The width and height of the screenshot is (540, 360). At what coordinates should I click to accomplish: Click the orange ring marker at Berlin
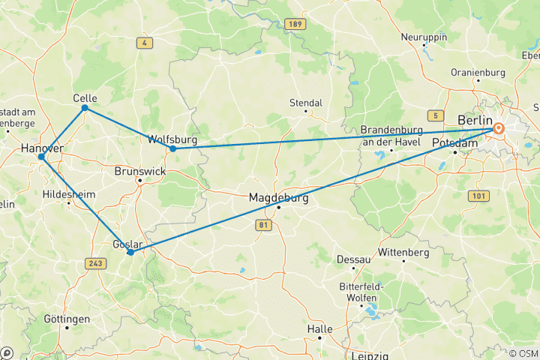498,129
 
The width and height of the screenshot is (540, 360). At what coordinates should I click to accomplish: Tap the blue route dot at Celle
85,108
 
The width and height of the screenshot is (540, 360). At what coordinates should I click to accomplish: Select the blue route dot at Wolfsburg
172,148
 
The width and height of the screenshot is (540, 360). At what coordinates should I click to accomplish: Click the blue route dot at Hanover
42,157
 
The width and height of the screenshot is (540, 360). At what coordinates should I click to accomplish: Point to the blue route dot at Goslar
130,253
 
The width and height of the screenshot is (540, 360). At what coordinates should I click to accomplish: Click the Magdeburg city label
278,198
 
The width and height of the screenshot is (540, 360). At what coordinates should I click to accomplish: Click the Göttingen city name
67,319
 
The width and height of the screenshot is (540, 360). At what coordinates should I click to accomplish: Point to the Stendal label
306,103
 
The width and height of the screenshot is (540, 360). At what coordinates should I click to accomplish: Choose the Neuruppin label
424,37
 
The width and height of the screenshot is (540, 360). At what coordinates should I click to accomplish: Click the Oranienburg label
478,72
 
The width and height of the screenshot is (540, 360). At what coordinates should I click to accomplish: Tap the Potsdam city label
454,142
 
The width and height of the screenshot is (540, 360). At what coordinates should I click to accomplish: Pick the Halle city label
319,329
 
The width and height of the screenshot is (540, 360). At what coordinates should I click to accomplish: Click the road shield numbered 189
295,25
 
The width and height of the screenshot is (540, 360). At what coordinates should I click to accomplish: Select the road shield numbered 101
478,196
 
